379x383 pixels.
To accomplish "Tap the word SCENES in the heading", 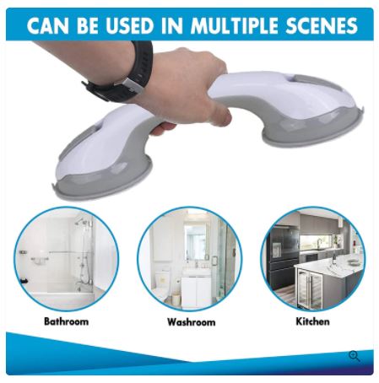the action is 322,25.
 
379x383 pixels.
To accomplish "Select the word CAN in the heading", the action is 48,25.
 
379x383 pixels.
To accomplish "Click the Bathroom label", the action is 67,321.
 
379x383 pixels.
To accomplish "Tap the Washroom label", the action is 192,321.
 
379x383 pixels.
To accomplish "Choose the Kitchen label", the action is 312,321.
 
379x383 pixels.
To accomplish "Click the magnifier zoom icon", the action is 355,356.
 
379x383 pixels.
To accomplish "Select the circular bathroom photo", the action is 67,259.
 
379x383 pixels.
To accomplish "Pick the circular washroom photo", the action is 190,259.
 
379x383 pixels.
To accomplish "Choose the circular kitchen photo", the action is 313,259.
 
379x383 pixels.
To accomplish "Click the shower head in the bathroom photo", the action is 79,221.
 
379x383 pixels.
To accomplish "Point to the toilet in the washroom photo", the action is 162,284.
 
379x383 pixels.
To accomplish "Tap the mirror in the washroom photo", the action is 196,242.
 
